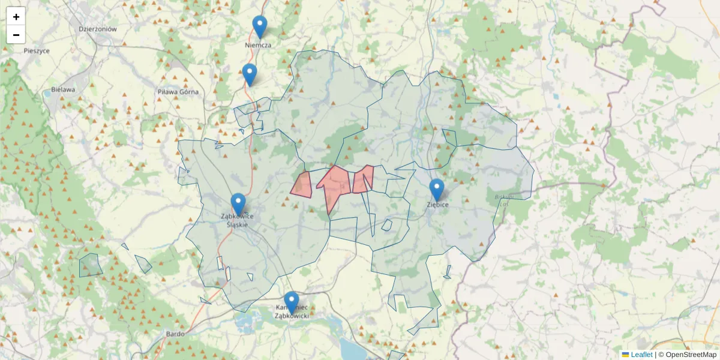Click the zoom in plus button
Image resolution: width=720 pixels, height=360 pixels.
(x=16, y=17)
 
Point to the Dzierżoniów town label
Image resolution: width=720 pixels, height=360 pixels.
(x=97, y=29)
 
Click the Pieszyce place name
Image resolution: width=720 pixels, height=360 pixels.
(x=37, y=50)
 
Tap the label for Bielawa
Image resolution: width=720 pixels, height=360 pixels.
(x=62, y=90)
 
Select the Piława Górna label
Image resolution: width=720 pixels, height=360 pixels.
(x=178, y=92)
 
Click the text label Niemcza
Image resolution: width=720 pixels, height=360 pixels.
(x=259, y=45)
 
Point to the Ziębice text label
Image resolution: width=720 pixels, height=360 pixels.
(x=438, y=205)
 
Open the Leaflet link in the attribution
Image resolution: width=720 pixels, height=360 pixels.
(x=641, y=355)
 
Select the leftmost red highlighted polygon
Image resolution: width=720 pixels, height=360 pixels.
(x=302, y=185)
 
